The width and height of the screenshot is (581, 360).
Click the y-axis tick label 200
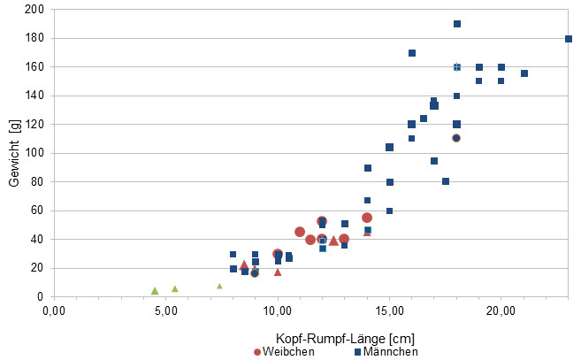click(x=34, y=10)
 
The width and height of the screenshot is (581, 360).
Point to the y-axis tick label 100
click(x=34, y=153)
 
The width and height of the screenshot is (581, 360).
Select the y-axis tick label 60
click(x=37, y=211)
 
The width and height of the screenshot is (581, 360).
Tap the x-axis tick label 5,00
click(x=165, y=310)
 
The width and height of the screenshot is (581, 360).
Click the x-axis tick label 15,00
click(x=389, y=310)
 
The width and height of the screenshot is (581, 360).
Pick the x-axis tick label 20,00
click(x=501, y=310)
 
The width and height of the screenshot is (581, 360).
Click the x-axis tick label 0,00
click(x=54, y=310)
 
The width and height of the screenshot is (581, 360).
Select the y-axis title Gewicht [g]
click(x=13, y=152)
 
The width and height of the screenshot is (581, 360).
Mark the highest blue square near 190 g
click(x=456, y=24)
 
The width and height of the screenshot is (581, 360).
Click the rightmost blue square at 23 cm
click(x=569, y=39)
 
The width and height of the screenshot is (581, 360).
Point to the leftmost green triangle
click(x=155, y=290)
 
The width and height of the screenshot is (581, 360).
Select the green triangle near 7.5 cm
click(x=219, y=286)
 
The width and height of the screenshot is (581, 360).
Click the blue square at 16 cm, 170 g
click(x=412, y=53)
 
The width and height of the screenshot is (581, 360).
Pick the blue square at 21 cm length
click(x=524, y=73)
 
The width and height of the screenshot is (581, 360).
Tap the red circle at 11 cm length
click(x=300, y=232)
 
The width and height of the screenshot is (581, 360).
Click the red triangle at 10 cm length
click(x=278, y=272)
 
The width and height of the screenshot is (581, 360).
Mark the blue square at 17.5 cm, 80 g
click(x=446, y=181)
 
